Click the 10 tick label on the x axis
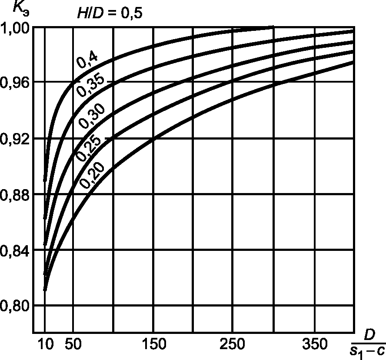point(45,345)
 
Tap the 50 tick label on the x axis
point(73,345)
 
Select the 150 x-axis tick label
point(153,345)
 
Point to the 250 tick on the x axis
point(233,345)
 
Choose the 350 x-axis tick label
point(314,345)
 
